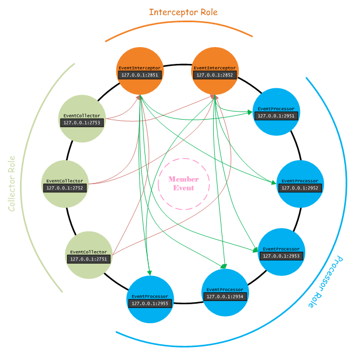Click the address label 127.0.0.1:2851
point(140,75)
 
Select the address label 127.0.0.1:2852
point(215,75)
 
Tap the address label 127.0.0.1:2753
point(81,123)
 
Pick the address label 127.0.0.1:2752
point(64,188)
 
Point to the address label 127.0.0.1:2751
point(89,259)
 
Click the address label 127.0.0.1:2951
point(276,116)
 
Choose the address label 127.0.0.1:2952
point(300,188)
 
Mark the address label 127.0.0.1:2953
point(281,256)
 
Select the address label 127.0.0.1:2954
point(225,297)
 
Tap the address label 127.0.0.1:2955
point(150,304)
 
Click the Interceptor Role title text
point(183,12)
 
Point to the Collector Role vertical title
point(12,184)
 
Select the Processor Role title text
point(325,282)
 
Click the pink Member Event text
point(183,184)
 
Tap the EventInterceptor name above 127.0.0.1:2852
point(215,68)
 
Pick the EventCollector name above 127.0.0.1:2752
point(64,181)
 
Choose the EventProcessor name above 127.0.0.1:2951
point(276,109)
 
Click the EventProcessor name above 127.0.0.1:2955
point(150,297)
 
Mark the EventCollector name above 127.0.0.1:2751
point(89,252)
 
